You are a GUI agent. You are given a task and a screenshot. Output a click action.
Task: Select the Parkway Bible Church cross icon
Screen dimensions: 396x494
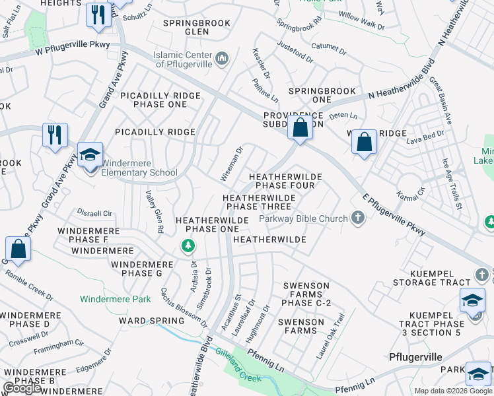pos(358,218)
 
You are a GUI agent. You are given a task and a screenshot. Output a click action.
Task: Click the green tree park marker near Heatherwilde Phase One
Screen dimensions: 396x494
pos(188,246)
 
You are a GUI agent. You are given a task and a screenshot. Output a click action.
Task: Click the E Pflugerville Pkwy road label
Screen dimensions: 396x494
pos(394,218)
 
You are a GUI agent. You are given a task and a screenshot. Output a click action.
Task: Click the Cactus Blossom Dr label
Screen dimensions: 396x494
pos(184,308)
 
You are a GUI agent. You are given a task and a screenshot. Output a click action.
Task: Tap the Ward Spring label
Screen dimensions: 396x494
pos(151,321)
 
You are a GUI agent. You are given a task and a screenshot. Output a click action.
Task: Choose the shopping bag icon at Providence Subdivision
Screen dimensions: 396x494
pos(300,127)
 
